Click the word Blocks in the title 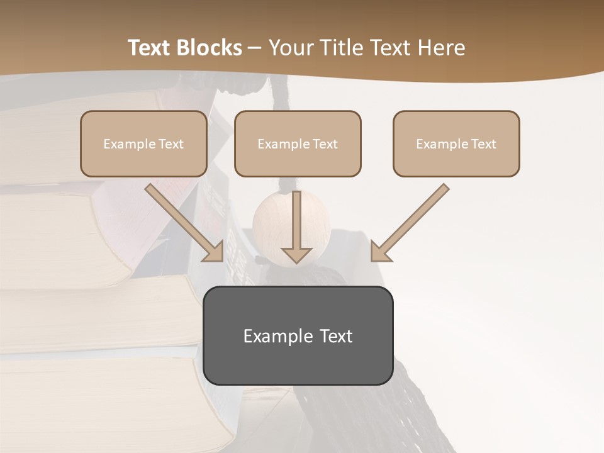[211, 48]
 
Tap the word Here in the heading [442, 48]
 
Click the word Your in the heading [291, 48]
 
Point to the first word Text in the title [152, 48]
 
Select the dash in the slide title [255, 48]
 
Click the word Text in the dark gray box [335, 336]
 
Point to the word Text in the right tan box [484, 144]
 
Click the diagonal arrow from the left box [186, 223]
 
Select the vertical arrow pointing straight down [296, 226]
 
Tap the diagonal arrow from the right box [410, 223]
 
